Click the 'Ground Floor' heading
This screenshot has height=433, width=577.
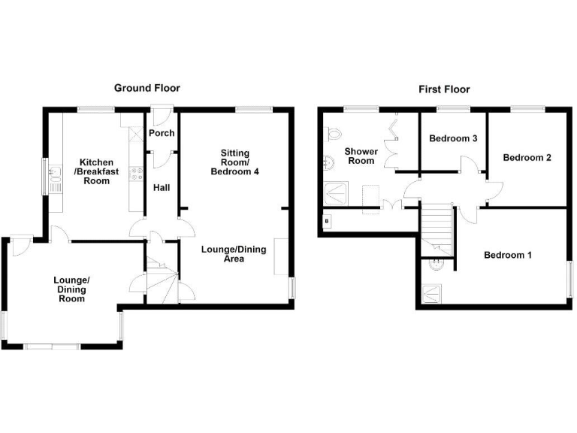[147, 88]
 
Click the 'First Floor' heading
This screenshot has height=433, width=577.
[444, 89]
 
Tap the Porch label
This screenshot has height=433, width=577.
[161, 133]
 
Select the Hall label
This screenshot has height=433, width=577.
[161, 188]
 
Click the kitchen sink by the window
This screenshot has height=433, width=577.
[53, 176]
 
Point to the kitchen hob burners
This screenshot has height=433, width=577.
[137, 174]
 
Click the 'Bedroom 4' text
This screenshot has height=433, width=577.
[234, 172]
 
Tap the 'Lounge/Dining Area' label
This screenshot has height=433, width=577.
[233, 254]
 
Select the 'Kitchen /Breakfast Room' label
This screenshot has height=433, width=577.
[97, 171]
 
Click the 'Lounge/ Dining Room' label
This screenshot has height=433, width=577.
[71, 289]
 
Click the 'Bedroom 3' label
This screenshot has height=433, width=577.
[453, 139]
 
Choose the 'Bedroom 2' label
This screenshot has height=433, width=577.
[527, 158]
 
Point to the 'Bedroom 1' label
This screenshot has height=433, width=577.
[507, 255]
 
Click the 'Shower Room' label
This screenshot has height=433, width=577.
[360, 156]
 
